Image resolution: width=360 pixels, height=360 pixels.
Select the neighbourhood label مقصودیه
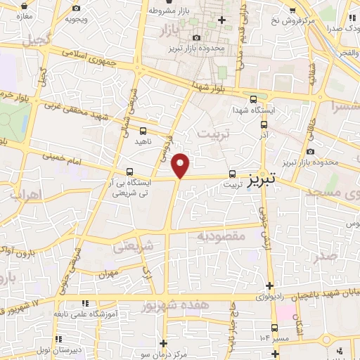click(221, 236)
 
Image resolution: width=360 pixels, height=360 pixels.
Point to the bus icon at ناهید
click(143, 131)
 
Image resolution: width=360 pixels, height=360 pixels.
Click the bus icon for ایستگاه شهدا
click(253, 100)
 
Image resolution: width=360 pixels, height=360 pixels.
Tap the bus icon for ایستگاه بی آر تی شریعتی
click(129, 171)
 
